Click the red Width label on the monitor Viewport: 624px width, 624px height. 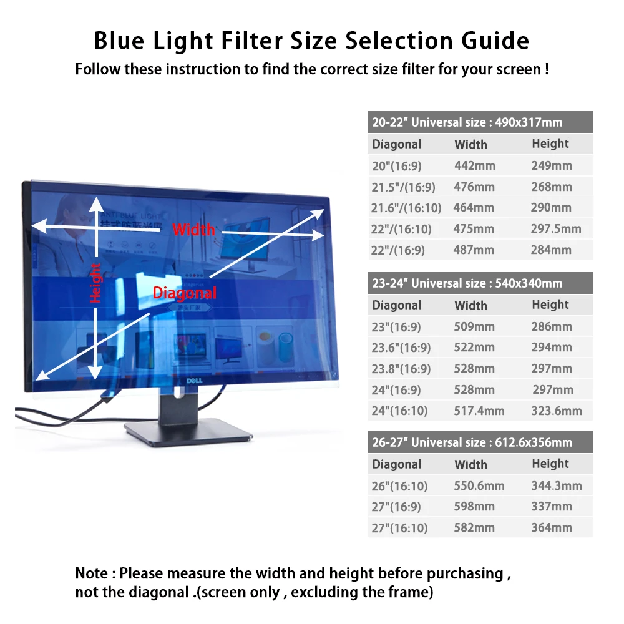tap(193, 229)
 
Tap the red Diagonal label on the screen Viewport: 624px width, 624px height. tap(185, 292)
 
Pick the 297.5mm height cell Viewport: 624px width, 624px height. tap(556, 228)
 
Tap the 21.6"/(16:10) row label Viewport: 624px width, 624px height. tap(402, 208)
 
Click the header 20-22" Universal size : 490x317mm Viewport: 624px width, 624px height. tap(467, 122)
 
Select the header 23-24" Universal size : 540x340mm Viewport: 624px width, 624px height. tap(467, 283)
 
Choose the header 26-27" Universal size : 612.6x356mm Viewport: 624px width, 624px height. tap(472, 442)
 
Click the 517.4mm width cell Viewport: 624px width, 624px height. tap(479, 411)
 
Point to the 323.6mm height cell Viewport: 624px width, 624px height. tap(557, 411)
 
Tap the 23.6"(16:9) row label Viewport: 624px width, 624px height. tap(401, 348)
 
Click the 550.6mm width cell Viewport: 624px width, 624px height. tap(479, 485)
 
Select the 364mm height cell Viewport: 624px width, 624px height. tap(552, 528)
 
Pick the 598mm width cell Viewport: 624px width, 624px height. tap(474, 507)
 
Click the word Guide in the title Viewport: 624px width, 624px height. tap(491, 41)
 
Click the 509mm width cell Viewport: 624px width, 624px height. tap(474, 326)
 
